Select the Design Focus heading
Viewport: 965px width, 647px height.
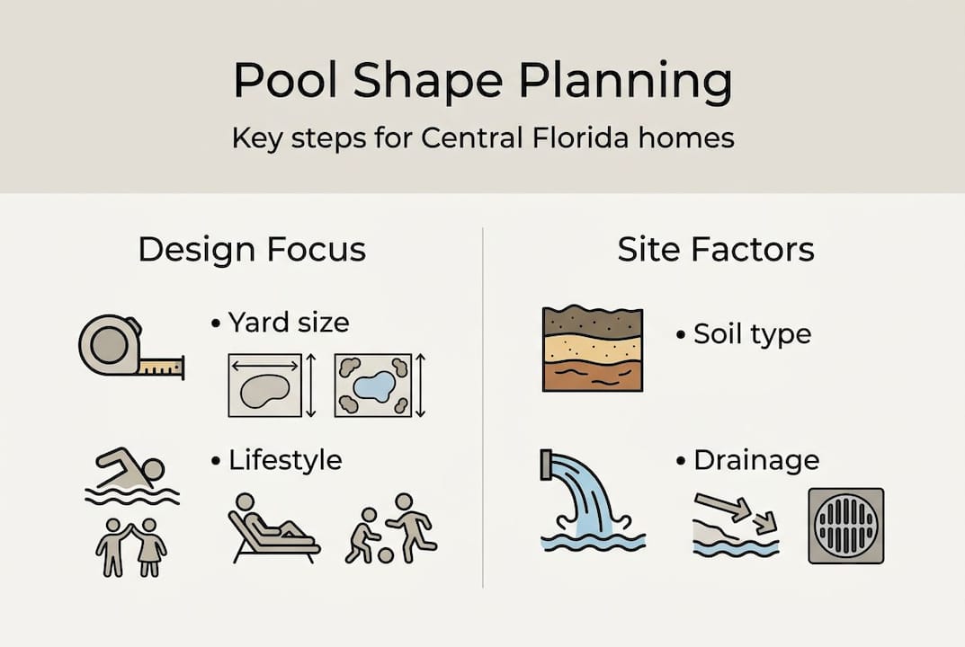252,249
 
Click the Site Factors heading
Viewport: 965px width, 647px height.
716,249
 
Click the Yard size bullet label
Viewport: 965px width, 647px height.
288,321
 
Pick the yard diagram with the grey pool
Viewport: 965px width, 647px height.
264,385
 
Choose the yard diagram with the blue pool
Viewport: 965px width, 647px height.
372,385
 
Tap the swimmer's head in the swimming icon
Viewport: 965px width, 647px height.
154,470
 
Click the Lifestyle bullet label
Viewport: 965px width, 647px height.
285,460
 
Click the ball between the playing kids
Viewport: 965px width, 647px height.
385,554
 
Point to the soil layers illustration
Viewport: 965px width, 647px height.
593,349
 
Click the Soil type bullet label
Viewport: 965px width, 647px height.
752,334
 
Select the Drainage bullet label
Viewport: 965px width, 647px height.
756,461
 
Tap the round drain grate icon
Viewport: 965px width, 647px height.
845,526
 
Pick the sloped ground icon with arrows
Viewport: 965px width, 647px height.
736,526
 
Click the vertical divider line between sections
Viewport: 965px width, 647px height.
483,404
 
